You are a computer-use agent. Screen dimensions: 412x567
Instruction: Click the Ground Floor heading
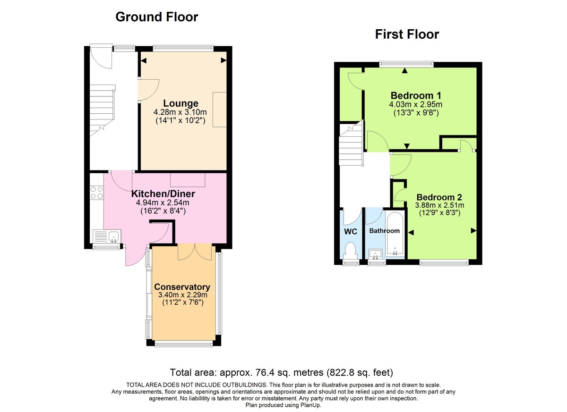(156, 17)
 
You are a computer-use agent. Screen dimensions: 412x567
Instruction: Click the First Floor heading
(407, 34)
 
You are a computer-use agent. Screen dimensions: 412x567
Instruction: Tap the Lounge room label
(180, 103)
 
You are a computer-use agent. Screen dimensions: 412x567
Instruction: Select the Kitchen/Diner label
(163, 193)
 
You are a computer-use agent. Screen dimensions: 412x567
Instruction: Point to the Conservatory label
(182, 287)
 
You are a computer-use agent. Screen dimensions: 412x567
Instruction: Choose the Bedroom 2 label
(439, 197)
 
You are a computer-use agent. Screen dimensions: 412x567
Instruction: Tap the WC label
(351, 231)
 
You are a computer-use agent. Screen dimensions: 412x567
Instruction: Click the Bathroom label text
(384, 231)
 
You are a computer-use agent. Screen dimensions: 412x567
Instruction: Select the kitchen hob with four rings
(97, 193)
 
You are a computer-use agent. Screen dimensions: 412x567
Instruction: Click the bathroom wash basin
(377, 254)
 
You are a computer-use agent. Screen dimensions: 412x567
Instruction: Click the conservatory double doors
(195, 252)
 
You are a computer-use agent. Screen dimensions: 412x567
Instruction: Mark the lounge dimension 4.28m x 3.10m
(180, 112)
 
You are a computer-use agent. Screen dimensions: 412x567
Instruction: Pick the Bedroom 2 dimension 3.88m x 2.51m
(439, 206)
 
